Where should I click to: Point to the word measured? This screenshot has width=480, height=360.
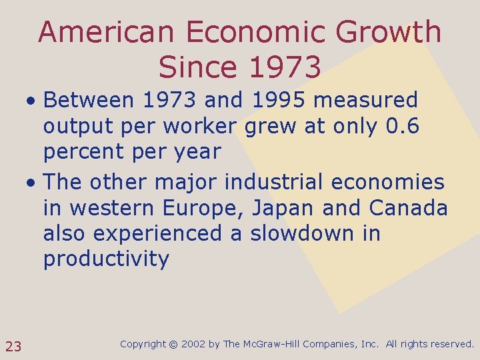[x=366, y=101]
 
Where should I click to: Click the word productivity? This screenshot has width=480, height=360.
[x=107, y=259]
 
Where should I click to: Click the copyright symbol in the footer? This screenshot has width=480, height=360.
[x=175, y=345]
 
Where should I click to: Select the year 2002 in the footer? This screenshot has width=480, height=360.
[x=193, y=345]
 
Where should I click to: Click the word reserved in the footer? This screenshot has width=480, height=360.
[x=452, y=345]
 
